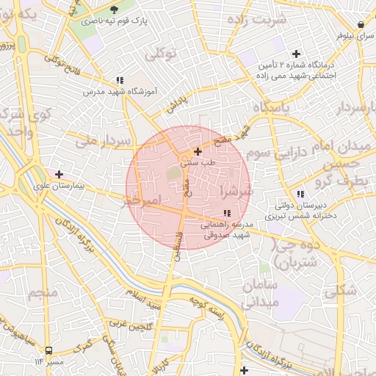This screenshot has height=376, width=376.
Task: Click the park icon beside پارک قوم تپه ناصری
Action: [x=113, y=9]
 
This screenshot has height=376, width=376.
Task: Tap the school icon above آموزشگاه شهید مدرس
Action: [x=119, y=80]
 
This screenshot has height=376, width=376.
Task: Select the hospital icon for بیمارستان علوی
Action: [x=59, y=174]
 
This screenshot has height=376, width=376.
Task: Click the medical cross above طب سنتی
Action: [x=197, y=151]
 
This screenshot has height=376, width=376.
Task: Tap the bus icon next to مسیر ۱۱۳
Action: [x=48, y=350]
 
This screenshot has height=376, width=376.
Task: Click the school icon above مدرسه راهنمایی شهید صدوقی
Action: [x=226, y=213]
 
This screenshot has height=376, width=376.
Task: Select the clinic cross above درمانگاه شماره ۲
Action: [x=296, y=54]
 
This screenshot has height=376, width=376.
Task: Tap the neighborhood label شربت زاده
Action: [x=258, y=20]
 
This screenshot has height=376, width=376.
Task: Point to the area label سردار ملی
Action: [x=107, y=140]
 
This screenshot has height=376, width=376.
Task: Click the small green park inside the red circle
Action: [x=173, y=174]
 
